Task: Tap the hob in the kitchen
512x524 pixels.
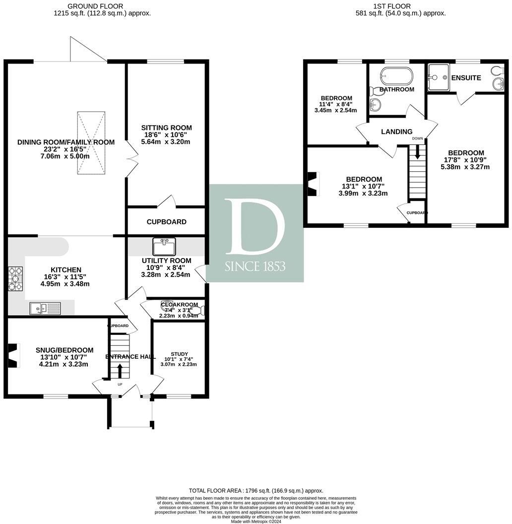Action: click(14, 279)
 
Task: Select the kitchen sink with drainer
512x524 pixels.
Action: click(45, 308)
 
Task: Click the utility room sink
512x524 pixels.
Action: click(164, 247)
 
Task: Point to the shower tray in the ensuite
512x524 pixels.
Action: click(438, 77)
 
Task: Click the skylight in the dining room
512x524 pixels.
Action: click(91, 143)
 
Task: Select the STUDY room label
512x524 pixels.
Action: click(179, 354)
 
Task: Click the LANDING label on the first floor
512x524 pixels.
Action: click(396, 131)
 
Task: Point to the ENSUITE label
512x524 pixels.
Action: click(466, 78)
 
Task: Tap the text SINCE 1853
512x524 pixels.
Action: click(255, 266)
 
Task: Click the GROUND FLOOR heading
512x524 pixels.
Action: click(102, 6)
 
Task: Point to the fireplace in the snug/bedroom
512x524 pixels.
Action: click(13, 355)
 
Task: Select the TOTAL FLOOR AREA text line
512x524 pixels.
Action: click(256, 490)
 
